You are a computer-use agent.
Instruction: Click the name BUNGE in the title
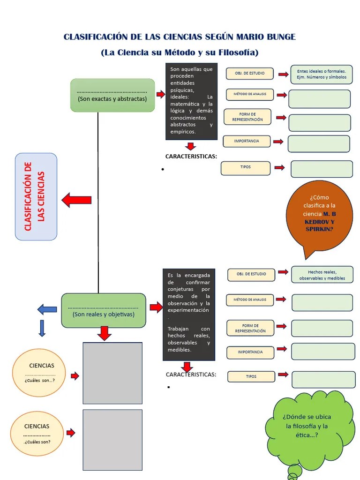279,37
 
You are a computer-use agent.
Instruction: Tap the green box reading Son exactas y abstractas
112,96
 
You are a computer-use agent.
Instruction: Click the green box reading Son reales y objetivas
104,310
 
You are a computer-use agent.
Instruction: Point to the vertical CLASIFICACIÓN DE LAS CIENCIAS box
36,196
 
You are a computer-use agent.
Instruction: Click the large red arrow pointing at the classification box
76,200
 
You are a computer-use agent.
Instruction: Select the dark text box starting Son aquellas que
191,101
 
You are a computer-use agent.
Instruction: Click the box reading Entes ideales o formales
321,74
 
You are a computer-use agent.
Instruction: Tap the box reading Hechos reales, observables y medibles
322,275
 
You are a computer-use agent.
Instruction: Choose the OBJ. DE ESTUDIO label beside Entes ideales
249,74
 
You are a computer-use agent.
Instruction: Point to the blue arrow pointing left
47,309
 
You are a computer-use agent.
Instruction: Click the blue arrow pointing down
42,328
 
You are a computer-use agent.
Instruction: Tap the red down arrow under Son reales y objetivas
105,333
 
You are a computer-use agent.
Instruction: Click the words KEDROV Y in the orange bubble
319,221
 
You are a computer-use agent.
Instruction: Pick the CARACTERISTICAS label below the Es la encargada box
191,375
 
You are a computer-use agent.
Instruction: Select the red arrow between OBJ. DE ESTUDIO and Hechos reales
283,272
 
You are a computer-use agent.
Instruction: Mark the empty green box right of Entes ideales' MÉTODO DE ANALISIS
319,99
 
